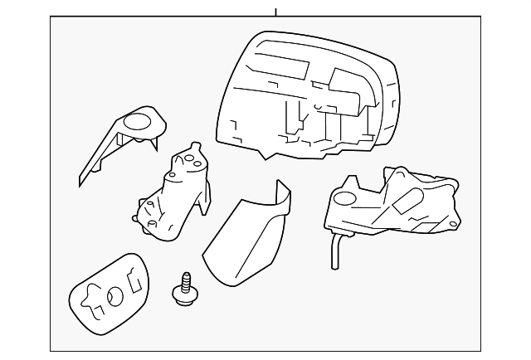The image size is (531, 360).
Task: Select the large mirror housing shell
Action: [x=307, y=95]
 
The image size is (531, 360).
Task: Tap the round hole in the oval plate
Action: [x=114, y=294]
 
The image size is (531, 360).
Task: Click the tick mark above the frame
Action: [x=275, y=11]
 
